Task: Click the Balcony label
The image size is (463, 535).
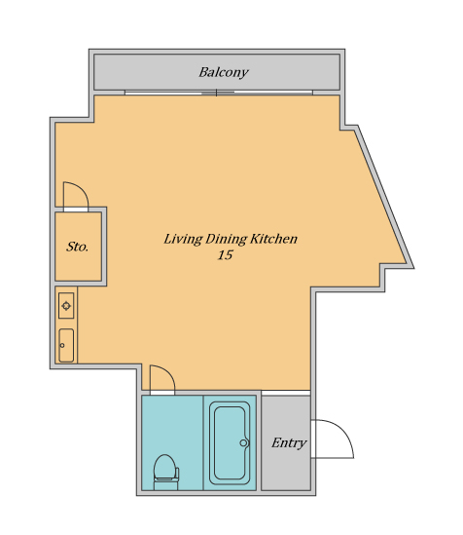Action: click(x=224, y=72)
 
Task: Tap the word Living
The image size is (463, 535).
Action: click(x=183, y=239)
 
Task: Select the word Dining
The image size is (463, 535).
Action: click(x=226, y=239)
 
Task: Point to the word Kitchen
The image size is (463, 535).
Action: click(x=273, y=239)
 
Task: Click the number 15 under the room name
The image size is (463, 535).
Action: click(x=225, y=255)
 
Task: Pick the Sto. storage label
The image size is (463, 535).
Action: click(x=77, y=247)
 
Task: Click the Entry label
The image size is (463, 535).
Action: click(x=289, y=442)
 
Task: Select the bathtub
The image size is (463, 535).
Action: click(x=230, y=442)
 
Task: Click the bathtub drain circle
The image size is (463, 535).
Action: click(x=243, y=442)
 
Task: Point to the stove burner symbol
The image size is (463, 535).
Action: click(x=66, y=306)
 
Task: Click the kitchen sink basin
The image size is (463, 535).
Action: click(x=66, y=345)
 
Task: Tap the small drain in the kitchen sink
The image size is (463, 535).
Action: click(x=62, y=345)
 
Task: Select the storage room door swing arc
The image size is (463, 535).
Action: click(x=82, y=189)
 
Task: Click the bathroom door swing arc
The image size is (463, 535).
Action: click(x=168, y=372)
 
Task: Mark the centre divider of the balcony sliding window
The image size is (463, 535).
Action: click(x=216, y=93)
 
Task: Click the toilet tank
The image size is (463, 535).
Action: click(x=178, y=474)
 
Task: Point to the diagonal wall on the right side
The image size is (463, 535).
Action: click(x=383, y=197)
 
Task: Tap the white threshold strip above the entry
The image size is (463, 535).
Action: click(x=286, y=393)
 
